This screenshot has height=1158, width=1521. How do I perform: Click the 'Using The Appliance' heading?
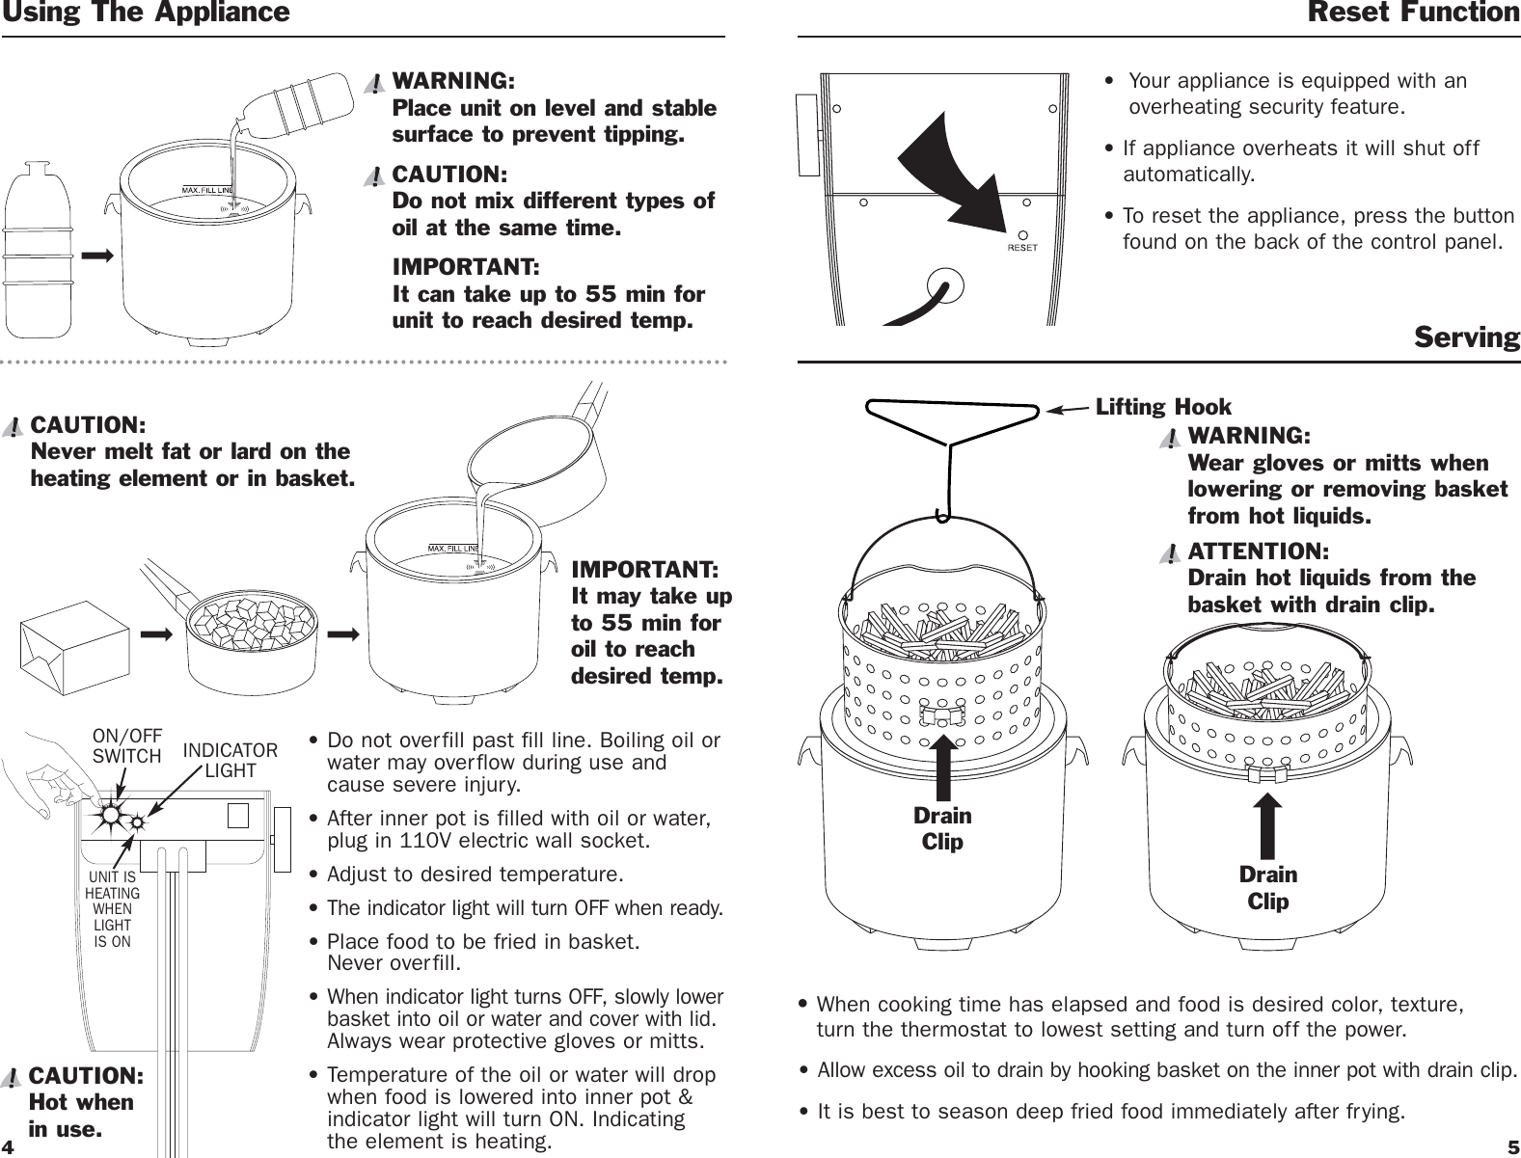[145, 13]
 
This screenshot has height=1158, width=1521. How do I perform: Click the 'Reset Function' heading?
[1413, 13]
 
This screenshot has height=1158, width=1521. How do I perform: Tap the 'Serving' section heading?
[1466, 337]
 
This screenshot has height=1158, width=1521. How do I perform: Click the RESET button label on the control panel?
[1022, 247]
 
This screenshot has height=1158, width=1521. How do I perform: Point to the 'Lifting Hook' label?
[1163, 407]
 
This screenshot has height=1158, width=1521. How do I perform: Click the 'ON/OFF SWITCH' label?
[126, 746]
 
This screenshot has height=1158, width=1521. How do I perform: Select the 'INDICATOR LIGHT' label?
[231, 760]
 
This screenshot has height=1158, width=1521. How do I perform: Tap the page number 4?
[9, 1148]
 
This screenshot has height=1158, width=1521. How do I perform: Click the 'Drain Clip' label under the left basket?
[942, 828]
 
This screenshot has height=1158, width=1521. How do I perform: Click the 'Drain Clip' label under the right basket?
[1268, 887]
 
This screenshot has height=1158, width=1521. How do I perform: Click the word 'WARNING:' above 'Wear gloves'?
[1249, 436]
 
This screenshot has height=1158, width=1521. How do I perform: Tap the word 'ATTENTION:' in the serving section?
[1258, 552]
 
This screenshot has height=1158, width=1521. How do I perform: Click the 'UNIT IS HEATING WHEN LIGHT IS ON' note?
[112, 909]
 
